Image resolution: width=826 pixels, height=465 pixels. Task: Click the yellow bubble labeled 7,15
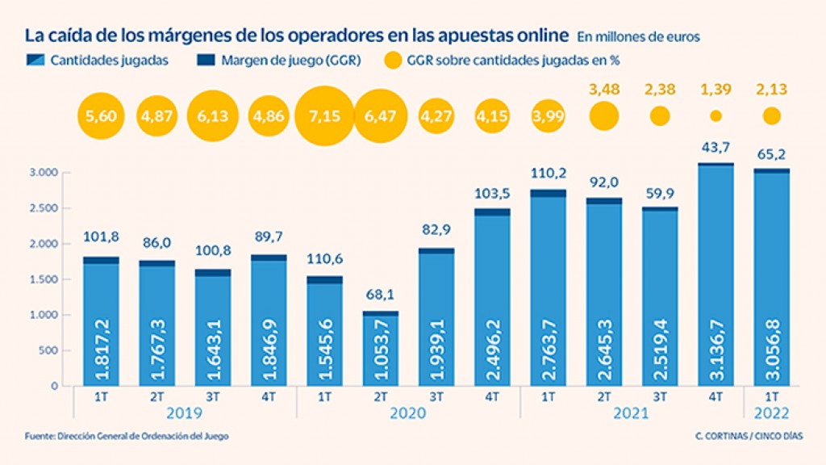pyautogui.click(x=324, y=116)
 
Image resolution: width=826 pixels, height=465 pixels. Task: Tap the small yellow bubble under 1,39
pyautogui.click(x=715, y=116)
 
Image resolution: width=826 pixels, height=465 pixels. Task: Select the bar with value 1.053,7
pyautogui.click(x=381, y=349)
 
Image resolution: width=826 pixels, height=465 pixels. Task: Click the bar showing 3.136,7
pyautogui.click(x=715, y=274)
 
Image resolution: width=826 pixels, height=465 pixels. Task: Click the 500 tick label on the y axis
pyautogui.click(x=48, y=350)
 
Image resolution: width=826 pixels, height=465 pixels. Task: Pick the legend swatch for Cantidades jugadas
pyautogui.click(x=35, y=60)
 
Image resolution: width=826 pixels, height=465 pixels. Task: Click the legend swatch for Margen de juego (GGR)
pyautogui.click(x=206, y=60)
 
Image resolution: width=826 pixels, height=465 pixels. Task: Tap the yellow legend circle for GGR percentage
pyautogui.click(x=393, y=60)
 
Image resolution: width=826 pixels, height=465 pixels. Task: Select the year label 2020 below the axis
pyautogui.click(x=407, y=413)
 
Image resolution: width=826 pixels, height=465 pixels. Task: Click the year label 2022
pyautogui.click(x=771, y=413)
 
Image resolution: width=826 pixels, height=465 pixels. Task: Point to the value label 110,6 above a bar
pyautogui.click(x=324, y=259)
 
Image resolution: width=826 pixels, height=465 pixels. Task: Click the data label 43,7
pyautogui.click(x=715, y=148)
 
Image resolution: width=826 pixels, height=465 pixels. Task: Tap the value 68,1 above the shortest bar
pyautogui.click(x=381, y=294)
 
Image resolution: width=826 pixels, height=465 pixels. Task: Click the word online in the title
pyautogui.click(x=540, y=36)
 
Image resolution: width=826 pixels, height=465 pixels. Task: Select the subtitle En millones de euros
pyautogui.click(x=639, y=37)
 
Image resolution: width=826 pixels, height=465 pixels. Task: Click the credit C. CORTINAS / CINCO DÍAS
pyautogui.click(x=749, y=436)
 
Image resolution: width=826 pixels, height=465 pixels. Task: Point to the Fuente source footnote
pyautogui.click(x=127, y=436)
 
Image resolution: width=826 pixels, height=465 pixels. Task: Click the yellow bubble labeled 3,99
pyautogui.click(x=548, y=116)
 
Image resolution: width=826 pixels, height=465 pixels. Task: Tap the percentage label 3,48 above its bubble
pyautogui.click(x=603, y=89)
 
